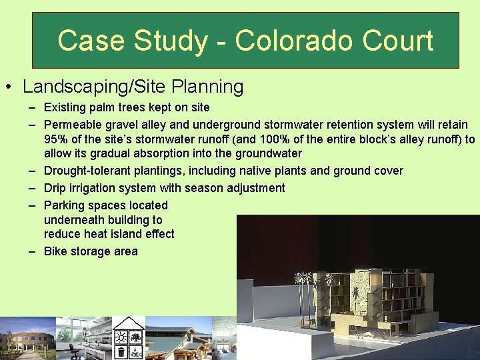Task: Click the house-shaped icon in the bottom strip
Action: pyautogui.click(x=127, y=337)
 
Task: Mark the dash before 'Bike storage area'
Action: pyautogui.click(x=32, y=252)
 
